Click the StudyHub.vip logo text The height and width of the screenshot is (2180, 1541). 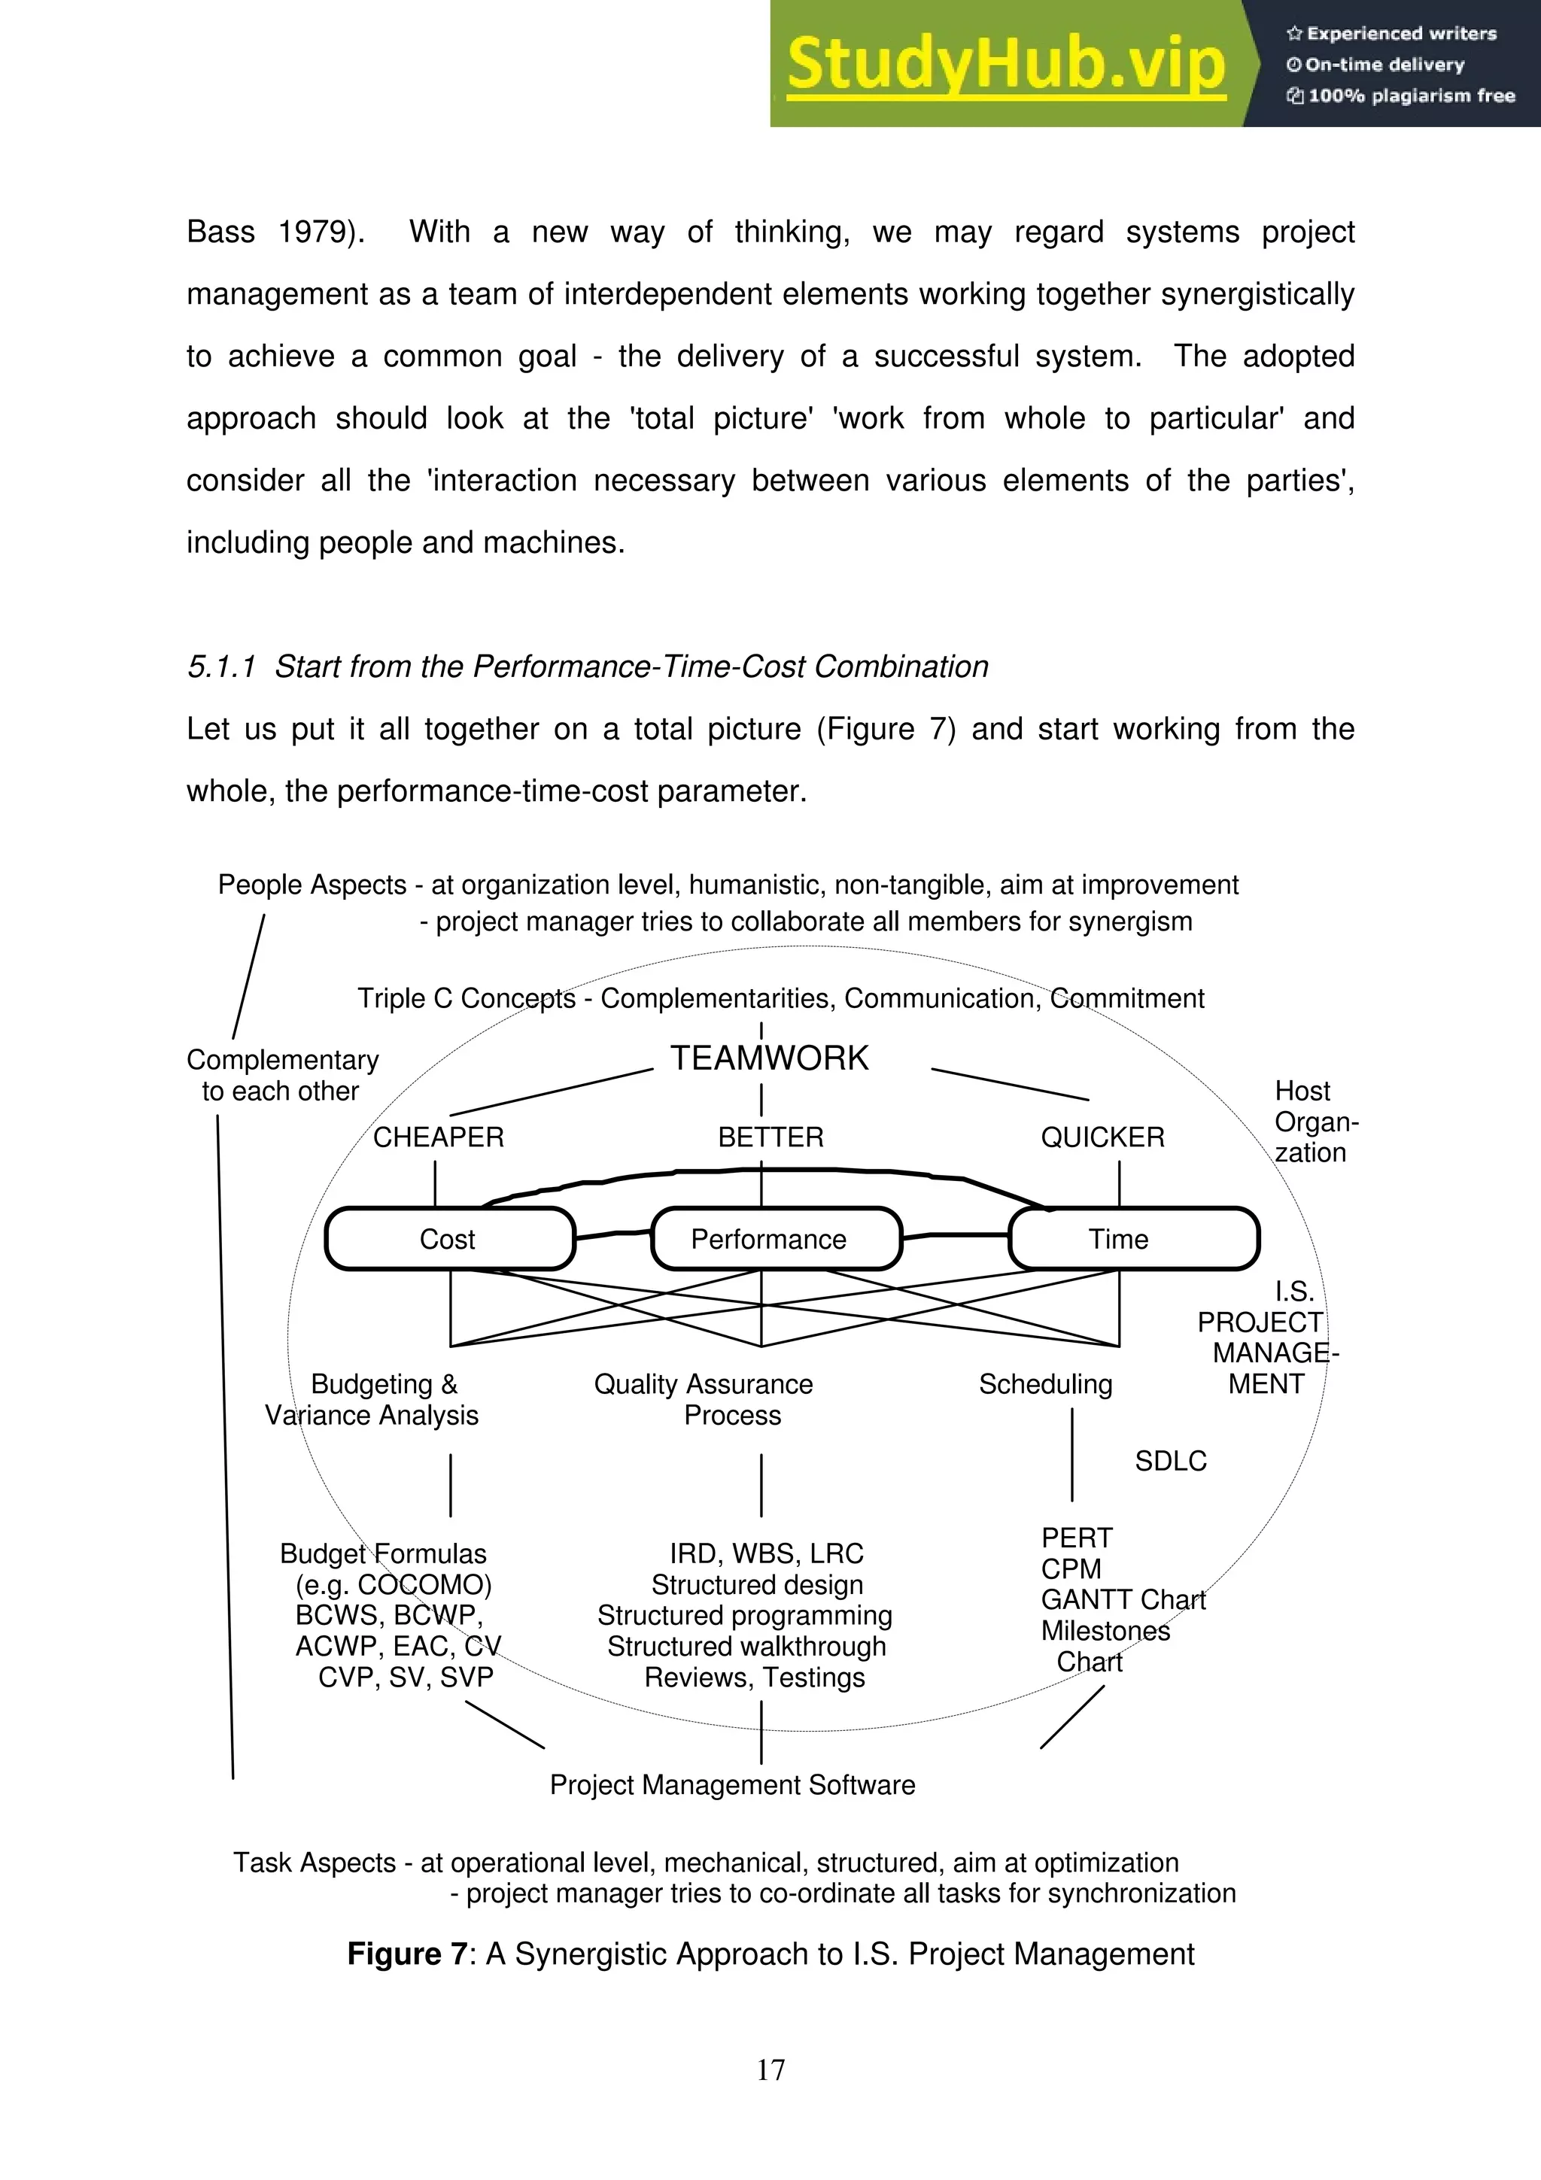[1005, 65]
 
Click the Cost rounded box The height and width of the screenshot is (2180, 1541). [449, 1239]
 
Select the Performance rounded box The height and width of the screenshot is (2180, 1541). [775, 1239]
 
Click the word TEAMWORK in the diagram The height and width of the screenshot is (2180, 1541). [769, 1058]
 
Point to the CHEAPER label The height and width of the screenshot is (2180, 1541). [438, 1137]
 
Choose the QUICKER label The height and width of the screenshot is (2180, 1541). [1102, 1137]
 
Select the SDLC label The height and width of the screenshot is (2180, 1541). [1170, 1462]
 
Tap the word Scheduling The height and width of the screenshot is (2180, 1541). [1044, 1384]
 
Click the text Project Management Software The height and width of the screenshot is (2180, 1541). [732, 1785]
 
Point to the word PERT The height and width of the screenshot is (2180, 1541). [1076, 1538]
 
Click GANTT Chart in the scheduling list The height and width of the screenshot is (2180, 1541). [1123, 1600]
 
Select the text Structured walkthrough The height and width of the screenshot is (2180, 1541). [746, 1647]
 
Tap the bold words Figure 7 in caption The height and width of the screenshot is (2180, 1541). [406, 1954]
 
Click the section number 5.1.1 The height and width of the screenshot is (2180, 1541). [221, 666]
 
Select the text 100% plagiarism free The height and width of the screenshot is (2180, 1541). [1410, 96]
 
